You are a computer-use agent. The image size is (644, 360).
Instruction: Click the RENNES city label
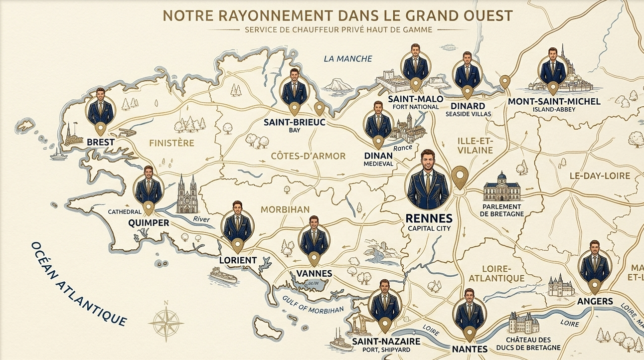(429, 218)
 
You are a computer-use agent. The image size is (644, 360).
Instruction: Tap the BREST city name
(100, 142)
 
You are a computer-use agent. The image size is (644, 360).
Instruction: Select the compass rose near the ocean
(166, 321)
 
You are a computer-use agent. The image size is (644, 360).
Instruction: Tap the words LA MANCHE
(348, 59)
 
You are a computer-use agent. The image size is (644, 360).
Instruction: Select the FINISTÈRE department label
(171, 143)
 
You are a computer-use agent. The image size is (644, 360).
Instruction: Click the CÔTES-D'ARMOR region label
(308, 156)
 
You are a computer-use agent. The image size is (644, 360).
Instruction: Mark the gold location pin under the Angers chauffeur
(594, 286)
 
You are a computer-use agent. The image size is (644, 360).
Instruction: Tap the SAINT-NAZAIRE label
(386, 341)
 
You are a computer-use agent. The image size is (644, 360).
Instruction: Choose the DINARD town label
(468, 106)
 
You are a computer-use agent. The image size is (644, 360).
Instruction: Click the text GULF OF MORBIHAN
(313, 304)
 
